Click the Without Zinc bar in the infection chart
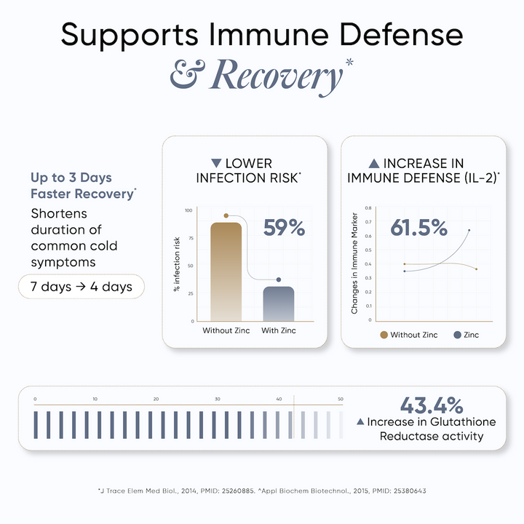226,271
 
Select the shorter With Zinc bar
279,303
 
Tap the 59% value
283,228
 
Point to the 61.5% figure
418,228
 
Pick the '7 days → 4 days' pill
82,286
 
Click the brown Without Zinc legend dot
384,335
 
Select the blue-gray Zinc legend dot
457,335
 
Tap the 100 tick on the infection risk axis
188,210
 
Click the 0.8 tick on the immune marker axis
368,208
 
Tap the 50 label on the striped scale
340,399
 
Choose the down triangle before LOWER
215,163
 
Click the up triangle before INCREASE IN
374,163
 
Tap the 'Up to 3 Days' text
71,178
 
